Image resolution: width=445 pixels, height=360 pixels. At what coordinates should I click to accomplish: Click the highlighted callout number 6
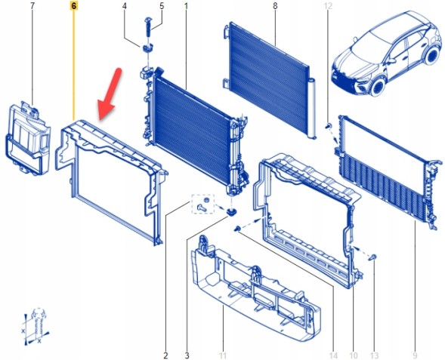tap(74, 6)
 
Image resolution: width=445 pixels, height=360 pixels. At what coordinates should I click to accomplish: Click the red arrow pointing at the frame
tap(110, 94)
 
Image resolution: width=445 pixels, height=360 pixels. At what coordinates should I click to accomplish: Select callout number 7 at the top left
tap(32, 6)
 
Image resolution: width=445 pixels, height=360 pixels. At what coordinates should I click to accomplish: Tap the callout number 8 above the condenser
tap(275, 6)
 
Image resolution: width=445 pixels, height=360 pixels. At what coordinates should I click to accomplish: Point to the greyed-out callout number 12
tap(328, 6)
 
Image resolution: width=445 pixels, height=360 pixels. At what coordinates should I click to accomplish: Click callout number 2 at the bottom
tap(165, 355)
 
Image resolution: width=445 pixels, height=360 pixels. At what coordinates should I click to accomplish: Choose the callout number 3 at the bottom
tap(187, 355)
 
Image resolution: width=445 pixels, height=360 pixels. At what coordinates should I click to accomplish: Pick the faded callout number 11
tap(223, 355)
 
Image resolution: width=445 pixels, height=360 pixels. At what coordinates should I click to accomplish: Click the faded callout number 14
tap(333, 355)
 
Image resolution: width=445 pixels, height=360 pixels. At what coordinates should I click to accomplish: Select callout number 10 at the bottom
tap(354, 355)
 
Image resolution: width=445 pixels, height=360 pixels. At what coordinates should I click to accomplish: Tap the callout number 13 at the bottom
tap(374, 355)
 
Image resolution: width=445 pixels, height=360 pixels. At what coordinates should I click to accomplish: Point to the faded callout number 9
tap(416, 355)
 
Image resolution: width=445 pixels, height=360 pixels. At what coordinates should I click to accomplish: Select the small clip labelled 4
tap(147, 48)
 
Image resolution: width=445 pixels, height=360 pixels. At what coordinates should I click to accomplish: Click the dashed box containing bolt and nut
tap(203, 204)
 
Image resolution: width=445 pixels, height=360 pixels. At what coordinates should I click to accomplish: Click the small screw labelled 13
tap(373, 257)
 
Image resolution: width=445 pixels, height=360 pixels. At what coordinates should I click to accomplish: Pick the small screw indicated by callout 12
tap(329, 125)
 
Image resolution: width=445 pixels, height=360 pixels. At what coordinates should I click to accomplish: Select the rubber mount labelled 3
tap(232, 212)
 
